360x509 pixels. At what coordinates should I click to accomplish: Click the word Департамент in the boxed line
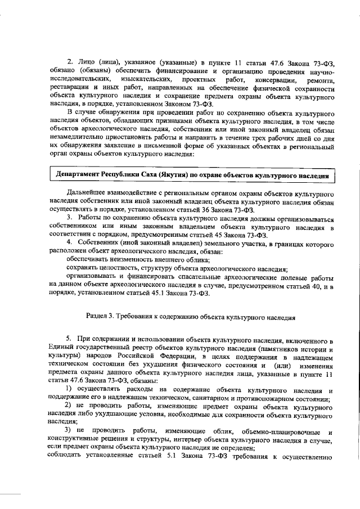[76, 175]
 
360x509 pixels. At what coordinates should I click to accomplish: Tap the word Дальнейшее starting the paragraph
[89, 192]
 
